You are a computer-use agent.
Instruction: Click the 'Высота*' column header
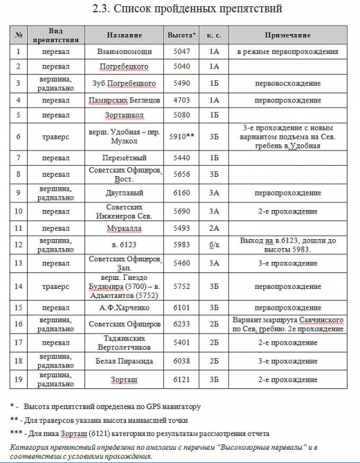(x=182, y=35)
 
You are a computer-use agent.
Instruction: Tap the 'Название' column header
(x=124, y=35)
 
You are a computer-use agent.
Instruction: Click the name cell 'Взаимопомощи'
(x=124, y=51)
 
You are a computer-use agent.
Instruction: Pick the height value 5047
(x=181, y=51)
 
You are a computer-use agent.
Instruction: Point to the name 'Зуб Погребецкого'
(x=124, y=83)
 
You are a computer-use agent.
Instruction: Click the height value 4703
(x=181, y=100)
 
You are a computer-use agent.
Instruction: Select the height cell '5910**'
(x=182, y=137)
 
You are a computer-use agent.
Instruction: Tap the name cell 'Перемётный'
(x=124, y=158)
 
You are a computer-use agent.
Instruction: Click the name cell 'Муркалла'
(x=124, y=227)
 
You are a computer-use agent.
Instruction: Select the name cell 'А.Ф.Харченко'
(x=124, y=307)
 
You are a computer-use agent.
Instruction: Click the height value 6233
(x=181, y=324)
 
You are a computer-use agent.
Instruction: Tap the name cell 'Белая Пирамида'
(x=124, y=359)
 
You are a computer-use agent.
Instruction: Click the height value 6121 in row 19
(x=181, y=379)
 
